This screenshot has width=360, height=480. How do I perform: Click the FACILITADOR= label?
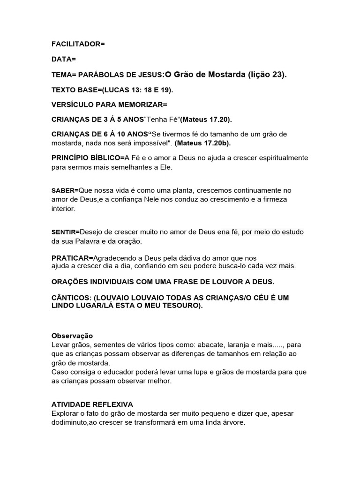[x=78, y=44]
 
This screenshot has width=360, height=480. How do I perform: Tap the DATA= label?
[x=63, y=59]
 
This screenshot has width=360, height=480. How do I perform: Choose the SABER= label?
[x=65, y=191]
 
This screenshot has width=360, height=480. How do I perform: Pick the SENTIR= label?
[x=66, y=232]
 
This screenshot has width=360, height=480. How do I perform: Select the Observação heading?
[x=72, y=336]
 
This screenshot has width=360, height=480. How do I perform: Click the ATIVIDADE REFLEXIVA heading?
[x=92, y=404]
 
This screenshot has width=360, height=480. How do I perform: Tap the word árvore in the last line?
[x=232, y=422]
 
